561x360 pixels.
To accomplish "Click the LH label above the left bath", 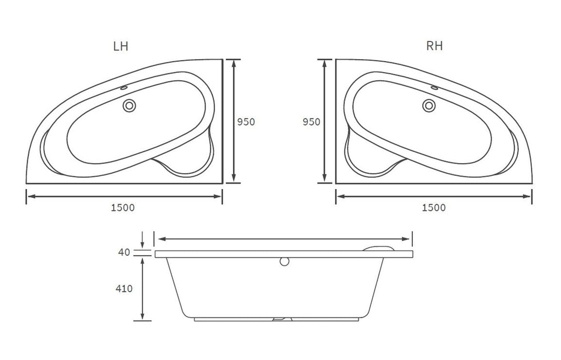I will tap(120, 46).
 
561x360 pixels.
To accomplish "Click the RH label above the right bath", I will tap(435, 46).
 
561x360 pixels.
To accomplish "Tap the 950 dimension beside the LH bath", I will tap(246, 122).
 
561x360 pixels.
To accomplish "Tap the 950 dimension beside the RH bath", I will tap(311, 122).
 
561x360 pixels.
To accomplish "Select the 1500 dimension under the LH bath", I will tap(123, 208).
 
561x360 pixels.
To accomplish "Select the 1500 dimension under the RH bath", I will tap(433, 208).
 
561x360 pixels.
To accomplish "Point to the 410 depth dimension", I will tap(124, 289).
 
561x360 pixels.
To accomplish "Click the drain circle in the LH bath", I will tap(129, 106).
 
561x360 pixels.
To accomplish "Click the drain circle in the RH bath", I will tap(429, 105).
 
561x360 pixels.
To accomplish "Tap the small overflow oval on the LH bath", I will tap(124, 87).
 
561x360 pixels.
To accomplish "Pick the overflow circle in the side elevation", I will tap(284, 262).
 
